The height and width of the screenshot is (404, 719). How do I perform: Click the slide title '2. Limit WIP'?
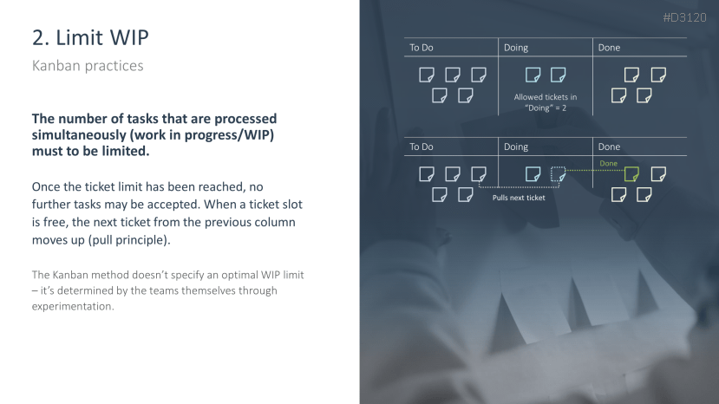click(x=90, y=37)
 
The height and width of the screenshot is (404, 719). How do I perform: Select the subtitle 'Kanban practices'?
click(x=88, y=66)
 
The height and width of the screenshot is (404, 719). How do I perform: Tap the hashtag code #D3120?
click(x=684, y=17)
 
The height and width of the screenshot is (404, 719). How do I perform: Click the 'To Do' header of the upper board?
click(x=421, y=48)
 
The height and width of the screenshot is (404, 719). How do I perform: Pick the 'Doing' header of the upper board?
click(x=516, y=48)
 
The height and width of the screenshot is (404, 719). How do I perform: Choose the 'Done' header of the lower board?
click(x=609, y=147)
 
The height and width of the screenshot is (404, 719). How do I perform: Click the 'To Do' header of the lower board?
click(x=421, y=147)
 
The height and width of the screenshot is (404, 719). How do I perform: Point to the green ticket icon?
click(x=631, y=174)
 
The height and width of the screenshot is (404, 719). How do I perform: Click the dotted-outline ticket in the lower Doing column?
click(x=558, y=174)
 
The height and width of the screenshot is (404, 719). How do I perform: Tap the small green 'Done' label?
click(x=609, y=163)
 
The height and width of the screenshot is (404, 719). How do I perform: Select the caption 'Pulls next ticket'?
click(x=519, y=198)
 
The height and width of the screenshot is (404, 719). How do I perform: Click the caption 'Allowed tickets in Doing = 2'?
click(x=546, y=102)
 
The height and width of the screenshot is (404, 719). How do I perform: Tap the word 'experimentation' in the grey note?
click(x=73, y=306)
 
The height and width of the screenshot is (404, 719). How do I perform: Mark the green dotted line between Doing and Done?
click(x=595, y=171)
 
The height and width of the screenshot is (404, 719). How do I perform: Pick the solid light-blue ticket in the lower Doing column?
click(x=533, y=174)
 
